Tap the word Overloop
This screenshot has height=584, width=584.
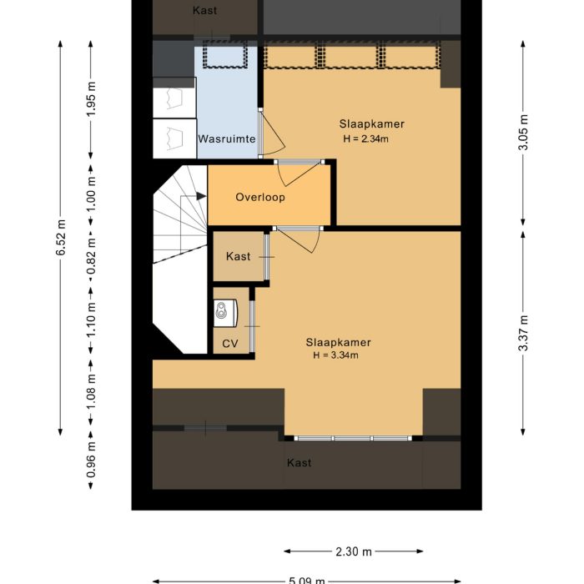click(259, 198)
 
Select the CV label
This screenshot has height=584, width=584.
click(230, 344)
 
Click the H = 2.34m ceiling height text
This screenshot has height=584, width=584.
click(365, 139)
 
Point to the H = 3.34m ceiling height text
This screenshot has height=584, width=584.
click(335, 355)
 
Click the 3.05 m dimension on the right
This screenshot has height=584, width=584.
click(523, 132)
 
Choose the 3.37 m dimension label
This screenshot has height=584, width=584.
click(523, 334)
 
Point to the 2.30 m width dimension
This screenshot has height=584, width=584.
click(354, 551)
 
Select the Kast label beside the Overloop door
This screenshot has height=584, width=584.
click(238, 257)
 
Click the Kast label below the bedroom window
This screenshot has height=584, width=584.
click(299, 462)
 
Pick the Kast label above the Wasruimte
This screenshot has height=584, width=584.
click(204, 11)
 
